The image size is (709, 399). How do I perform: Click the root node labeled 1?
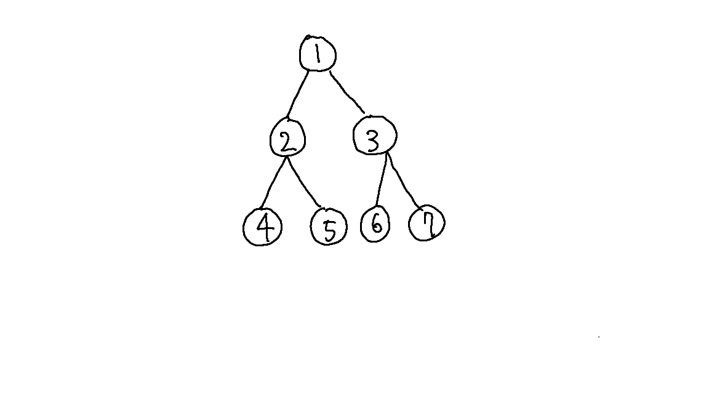(318, 54)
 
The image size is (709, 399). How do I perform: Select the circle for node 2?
(287, 140)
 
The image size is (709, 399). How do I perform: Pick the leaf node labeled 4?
(263, 227)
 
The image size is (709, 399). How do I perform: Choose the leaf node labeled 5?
(329, 227)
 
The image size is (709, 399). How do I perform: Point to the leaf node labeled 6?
(375, 224)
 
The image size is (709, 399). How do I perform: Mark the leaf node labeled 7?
(427, 224)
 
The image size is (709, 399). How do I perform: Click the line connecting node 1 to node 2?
(298, 92)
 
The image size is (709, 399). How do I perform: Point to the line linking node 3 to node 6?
(382, 180)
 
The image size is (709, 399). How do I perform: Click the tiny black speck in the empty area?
(599, 337)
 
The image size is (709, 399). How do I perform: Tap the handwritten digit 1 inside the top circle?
(318, 54)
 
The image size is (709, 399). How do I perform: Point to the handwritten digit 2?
(287, 142)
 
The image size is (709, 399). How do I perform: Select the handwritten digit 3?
(373, 140)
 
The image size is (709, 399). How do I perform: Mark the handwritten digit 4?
(264, 228)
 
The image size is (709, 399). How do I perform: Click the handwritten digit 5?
(330, 230)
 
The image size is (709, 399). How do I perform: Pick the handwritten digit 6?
(376, 225)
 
